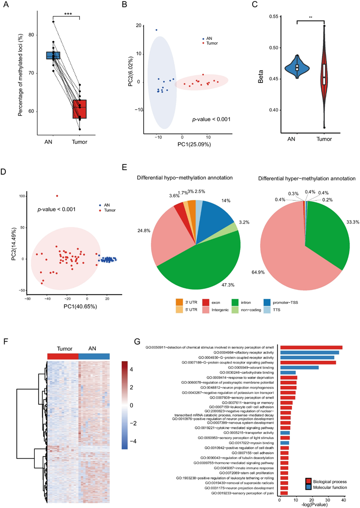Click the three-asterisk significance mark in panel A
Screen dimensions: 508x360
68,14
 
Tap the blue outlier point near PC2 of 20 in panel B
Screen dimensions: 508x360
156,30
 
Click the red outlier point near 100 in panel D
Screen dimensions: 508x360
57,196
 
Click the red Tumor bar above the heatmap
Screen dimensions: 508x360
63,356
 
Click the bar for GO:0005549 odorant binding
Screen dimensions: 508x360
300,367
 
